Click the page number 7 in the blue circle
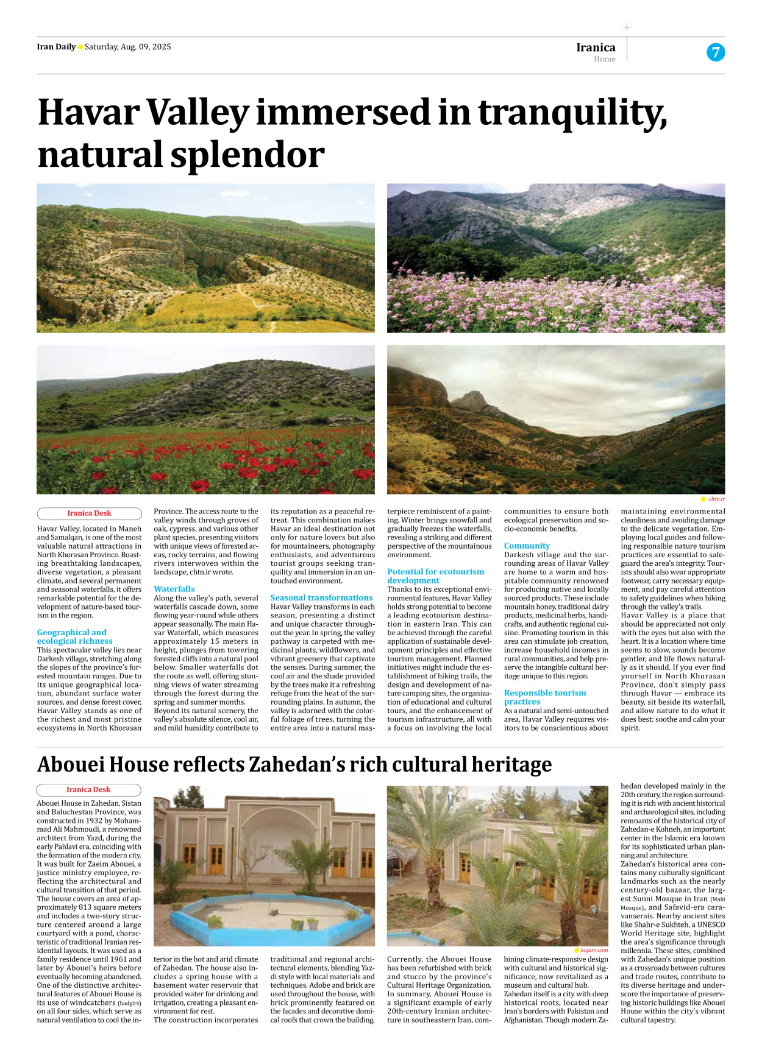click(x=716, y=52)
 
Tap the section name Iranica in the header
click(x=596, y=48)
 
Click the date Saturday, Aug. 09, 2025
click(x=128, y=47)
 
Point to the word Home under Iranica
click(x=604, y=59)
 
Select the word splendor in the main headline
click(x=247, y=155)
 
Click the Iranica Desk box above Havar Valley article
click(x=89, y=513)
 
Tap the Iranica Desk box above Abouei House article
click(x=88, y=789)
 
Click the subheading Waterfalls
click(x=174, y=589)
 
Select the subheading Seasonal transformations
click(x=321, y=597)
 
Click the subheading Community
click(x=527, y=546)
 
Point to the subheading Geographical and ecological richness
click(x=74, y=636)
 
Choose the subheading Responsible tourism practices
click(x=544, y=697)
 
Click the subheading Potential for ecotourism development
click(x=435, y=576)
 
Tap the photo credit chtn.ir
click(x=716, y=499)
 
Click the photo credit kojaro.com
click(x=594, y=949)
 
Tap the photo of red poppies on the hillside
click(x=205, y=420)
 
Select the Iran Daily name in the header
click(x=56, y=47)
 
